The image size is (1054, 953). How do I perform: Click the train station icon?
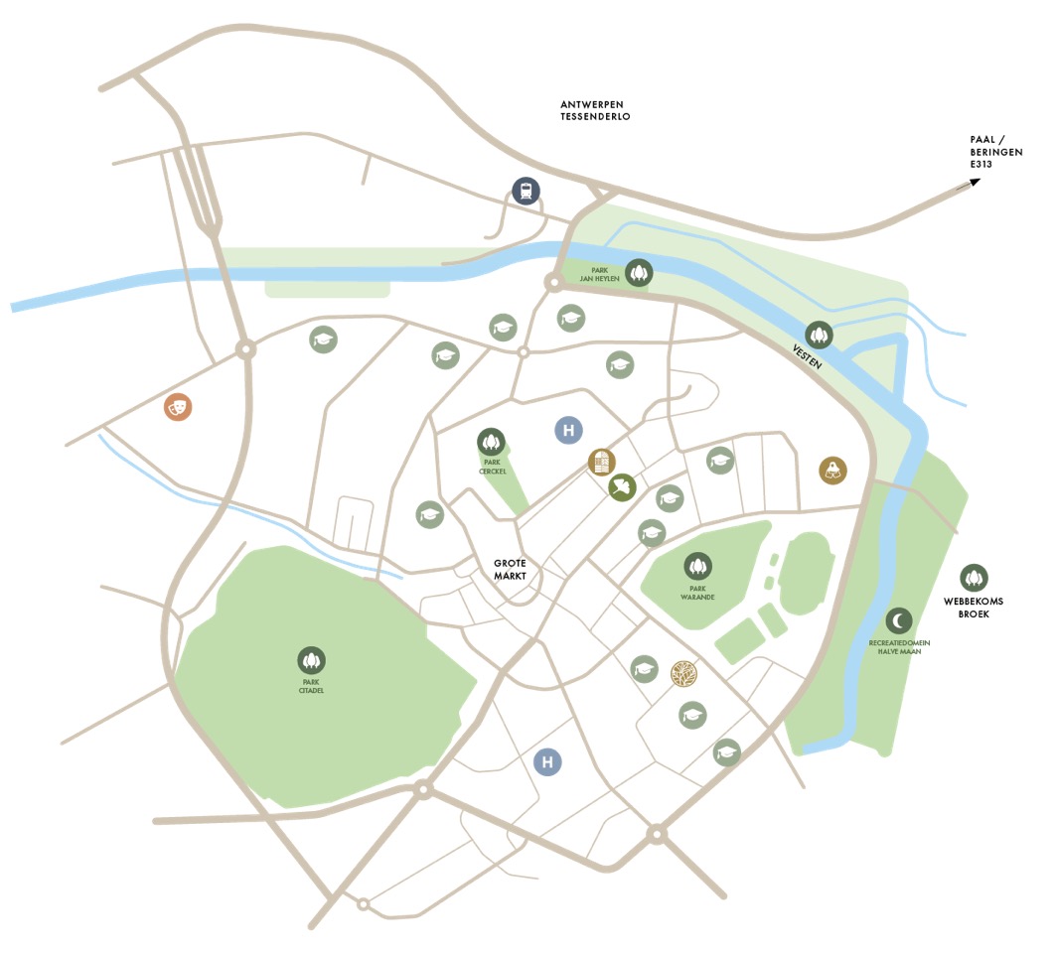pos(526,191)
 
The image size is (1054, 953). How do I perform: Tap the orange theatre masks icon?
pos(178,406)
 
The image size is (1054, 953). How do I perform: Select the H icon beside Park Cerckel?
pos(568,431)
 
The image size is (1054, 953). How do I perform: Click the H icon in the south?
pos(546,761)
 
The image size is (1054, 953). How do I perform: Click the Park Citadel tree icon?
pos(312,659)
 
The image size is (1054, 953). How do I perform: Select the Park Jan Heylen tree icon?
pos(638,272)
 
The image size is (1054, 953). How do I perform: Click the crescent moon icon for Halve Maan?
pos(899,620)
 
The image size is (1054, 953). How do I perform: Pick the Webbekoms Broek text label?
pos(976,608)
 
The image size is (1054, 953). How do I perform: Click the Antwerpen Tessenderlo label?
pos(595,110)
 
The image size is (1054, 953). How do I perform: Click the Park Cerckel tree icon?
pos(490,440)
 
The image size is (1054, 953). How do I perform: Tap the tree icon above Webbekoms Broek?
pos(975,577)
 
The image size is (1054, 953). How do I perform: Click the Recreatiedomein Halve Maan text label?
pos(899,647)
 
